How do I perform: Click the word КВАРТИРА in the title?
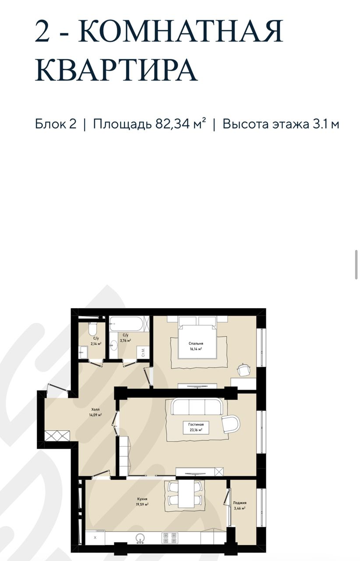pyautogui.click(x=116, y=70)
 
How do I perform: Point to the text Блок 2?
pyautogui.click(x=56, y=124)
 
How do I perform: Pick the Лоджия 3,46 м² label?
pyautogui.click(x=240, y=505)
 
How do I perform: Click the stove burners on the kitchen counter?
pyautogui.click(x=169, y=537)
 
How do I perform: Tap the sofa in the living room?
pyautogui.click(x=196, y=407)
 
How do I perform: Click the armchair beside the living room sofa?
pyautogui.click(x=231, y=423)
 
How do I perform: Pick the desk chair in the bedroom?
pyautogui.click(x=244, y=369)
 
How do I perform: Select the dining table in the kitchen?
pyautogui.click(x=184, y=494)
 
